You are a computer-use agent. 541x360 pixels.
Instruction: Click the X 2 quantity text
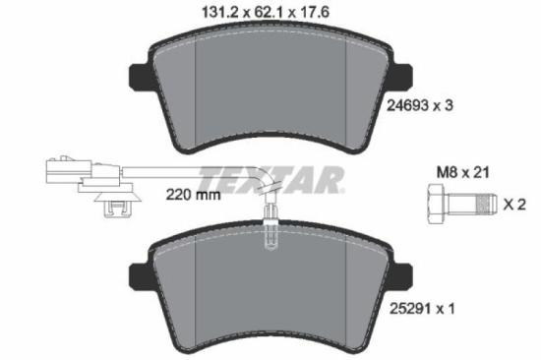(x=514, y=206)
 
